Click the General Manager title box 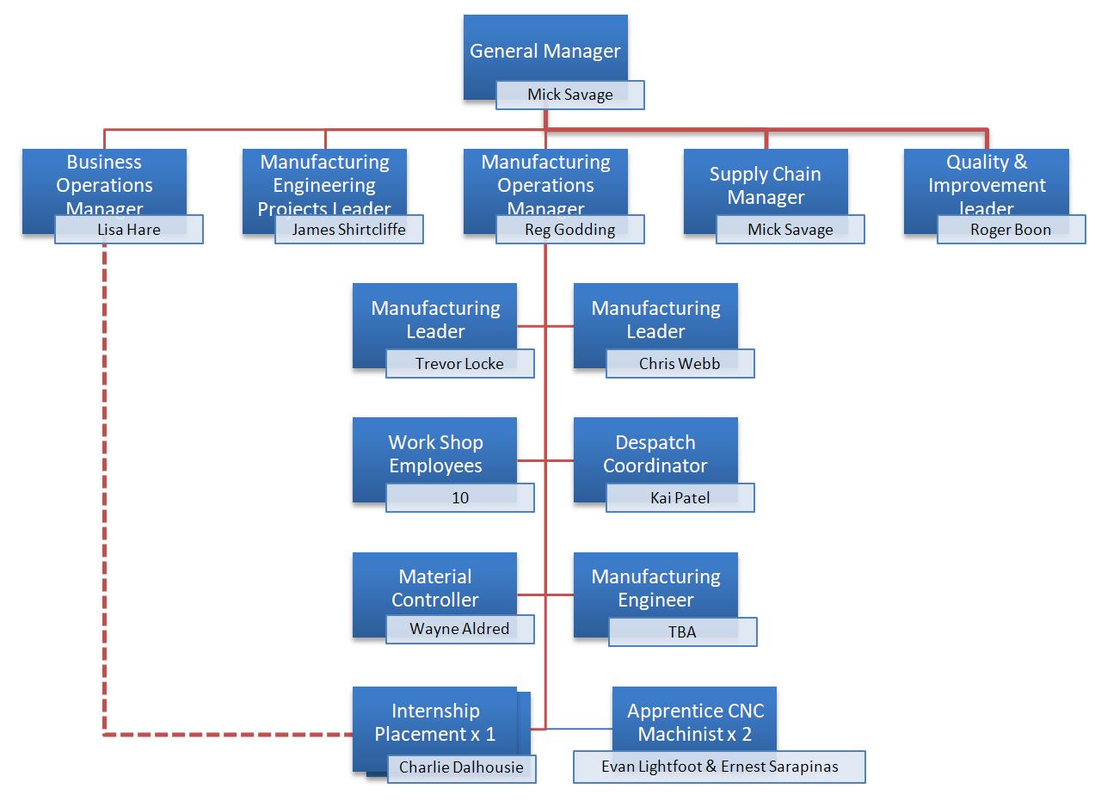coord(545,50)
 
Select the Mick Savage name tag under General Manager coord(570,95)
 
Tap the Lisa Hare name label coord(129,230)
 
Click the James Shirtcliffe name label coord(348,230)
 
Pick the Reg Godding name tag coord(570,230)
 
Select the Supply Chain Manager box coord(766,185)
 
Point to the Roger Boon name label coord(1011,230)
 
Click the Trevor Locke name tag coord(459,363)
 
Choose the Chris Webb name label coord(680,363)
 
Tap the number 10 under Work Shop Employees coord(460,497)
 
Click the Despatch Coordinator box coord(655,453)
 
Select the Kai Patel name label coord(680,497)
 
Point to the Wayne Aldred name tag coord(459,629)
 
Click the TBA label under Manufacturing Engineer coord(682,631)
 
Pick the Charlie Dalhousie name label coord(461,767)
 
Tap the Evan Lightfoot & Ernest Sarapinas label coord(719,767)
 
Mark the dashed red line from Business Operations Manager coord(104,516)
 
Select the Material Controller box coord(435,587)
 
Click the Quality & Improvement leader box coord(986,183)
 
